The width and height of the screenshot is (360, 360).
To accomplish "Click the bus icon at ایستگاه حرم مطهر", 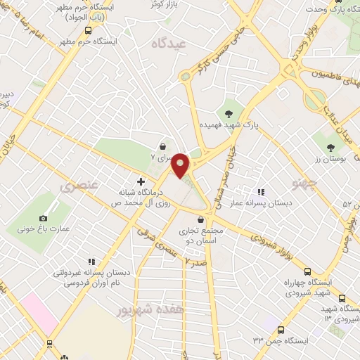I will click(x=88, y=30).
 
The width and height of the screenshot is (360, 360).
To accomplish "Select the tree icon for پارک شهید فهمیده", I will click(x=229, y=113).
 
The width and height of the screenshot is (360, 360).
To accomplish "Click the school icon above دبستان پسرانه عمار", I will click(x=261, y=191).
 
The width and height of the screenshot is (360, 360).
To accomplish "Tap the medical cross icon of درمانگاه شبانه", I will click(x=142, y=181).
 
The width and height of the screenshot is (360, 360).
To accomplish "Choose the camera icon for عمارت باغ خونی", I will click(x=44, y=219).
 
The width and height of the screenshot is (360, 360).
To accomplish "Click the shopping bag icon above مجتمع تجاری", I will click(x=201, y=220).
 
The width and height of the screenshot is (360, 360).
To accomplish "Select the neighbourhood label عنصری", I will click(x=75, y=187).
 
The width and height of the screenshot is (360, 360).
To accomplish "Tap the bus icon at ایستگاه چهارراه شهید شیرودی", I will click(x=307, y=271).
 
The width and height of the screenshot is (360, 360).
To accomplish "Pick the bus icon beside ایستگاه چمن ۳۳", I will click(x=281, y=330).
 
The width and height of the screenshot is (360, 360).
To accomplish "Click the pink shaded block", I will click(x=39, y=313).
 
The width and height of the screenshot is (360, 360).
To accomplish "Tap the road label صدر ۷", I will click(x=196, y=260).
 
